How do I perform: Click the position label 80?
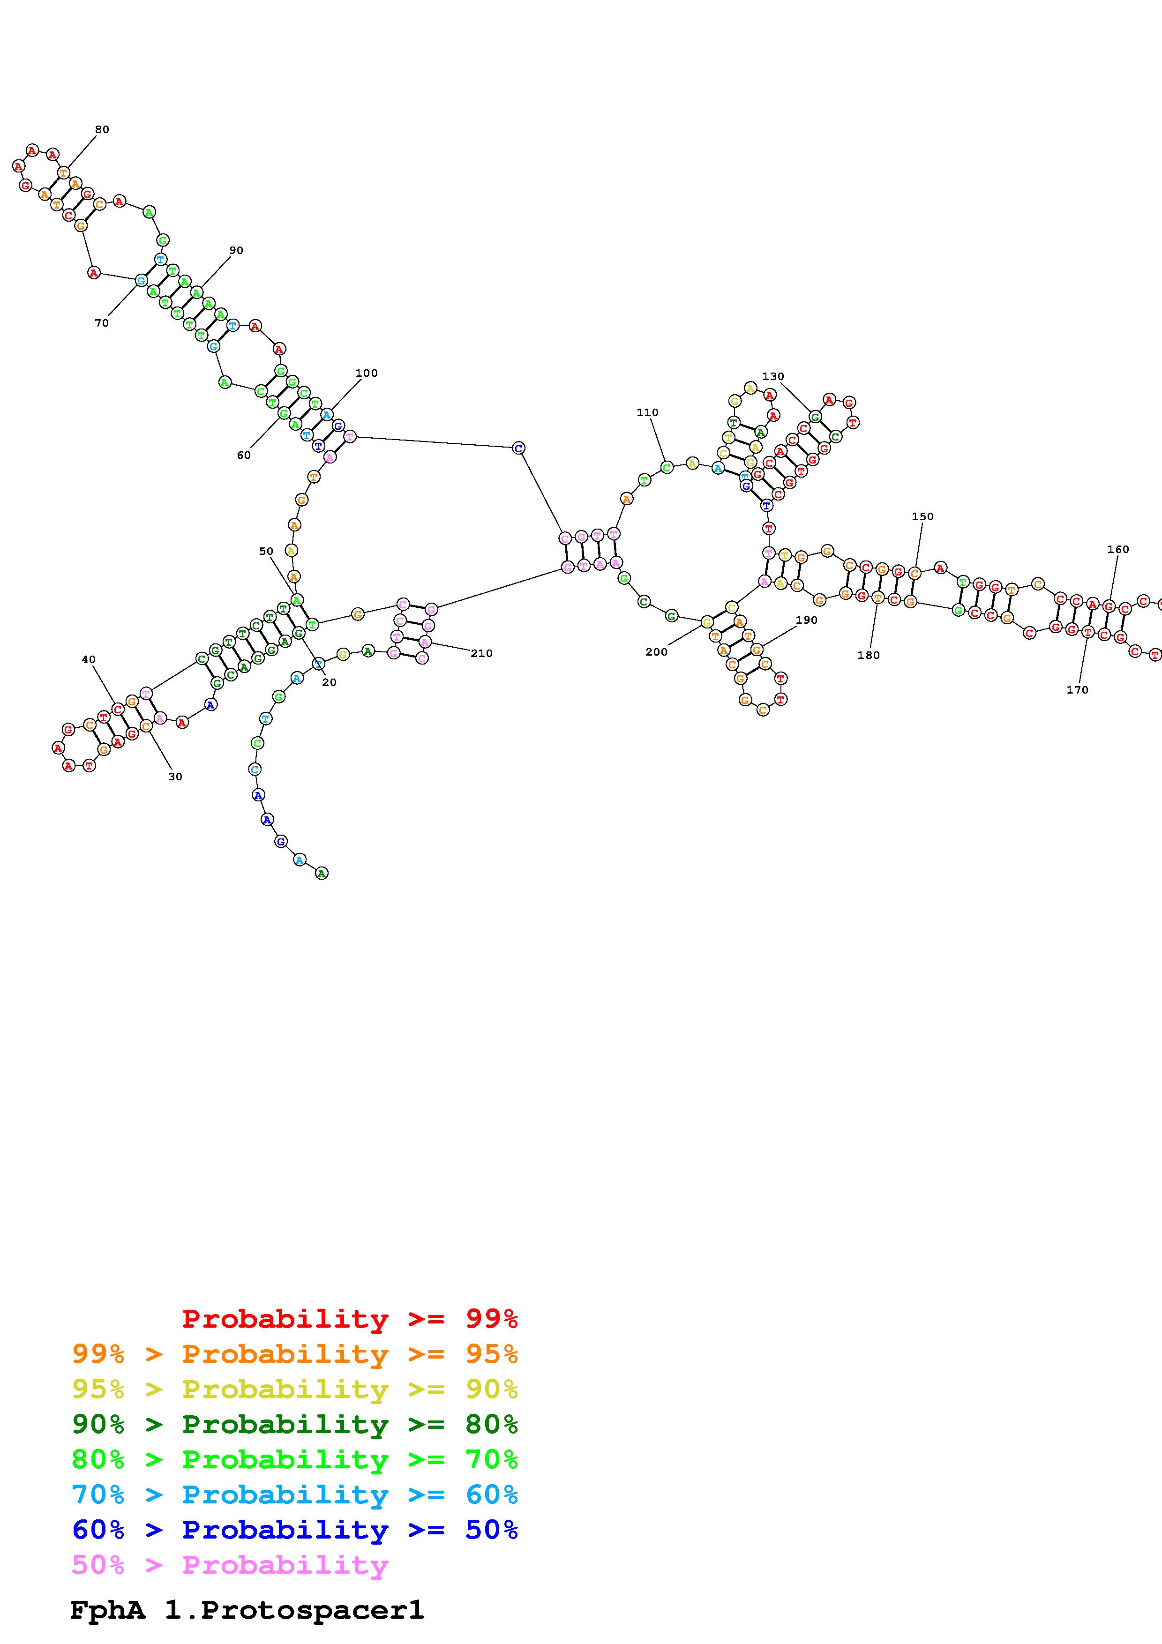[x=102, y=130]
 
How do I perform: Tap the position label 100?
[x=366, y=373]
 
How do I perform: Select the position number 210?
[x=481, y=653]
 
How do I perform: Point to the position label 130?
[x=772, y=377]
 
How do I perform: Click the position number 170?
[x=1077, y=690]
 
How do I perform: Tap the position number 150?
[x=922, y=516]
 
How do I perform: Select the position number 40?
[x=88, y=659]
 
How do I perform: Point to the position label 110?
[x=647, y=412]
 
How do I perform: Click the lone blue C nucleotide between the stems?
[x=518, y=448]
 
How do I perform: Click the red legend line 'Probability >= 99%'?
[x=349, y=1319]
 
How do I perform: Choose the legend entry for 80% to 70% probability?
[x=294, y=1460]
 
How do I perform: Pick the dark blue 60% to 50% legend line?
[x=294, y=1530]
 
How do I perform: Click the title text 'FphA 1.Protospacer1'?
[x=247, y=1610]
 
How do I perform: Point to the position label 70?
[x=102, y=323]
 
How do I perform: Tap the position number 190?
[x=806, y=620]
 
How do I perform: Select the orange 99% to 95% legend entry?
[x=294, y=1354]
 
